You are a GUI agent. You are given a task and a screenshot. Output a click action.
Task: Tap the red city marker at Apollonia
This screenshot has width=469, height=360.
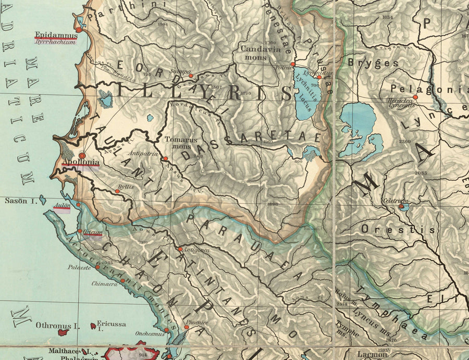[x=82, y=156]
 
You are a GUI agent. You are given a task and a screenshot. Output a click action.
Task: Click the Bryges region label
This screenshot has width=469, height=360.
[x=373, y=63]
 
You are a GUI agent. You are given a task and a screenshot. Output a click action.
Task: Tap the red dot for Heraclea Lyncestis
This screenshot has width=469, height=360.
[x=416, y=97]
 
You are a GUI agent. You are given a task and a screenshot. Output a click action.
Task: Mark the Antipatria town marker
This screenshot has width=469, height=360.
[x=165, y=159]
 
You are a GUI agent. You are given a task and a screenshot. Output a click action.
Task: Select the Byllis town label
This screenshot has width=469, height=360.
[x=126, y=186]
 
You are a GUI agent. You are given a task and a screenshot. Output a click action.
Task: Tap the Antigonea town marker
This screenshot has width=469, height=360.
[x=180, y=250]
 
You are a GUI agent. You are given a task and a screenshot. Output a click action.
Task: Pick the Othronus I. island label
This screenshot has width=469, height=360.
[x=57, y=326]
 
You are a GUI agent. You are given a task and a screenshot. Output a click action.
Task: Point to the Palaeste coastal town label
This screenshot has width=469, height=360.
[x=79, y=267]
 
